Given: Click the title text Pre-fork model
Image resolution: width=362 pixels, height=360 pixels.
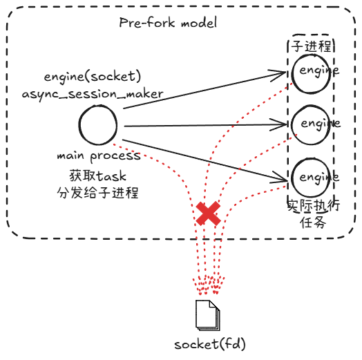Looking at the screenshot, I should tap(168, 23).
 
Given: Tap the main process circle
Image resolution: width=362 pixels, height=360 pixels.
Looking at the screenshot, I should tap(97, 126).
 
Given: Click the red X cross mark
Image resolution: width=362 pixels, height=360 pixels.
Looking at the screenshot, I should tap(207, 214).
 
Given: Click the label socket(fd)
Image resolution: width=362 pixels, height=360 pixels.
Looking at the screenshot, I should tap(209, 343).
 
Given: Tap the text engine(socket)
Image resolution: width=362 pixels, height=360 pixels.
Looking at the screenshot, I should tap(93, 75).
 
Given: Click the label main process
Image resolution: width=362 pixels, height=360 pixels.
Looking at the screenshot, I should tap(99, 156).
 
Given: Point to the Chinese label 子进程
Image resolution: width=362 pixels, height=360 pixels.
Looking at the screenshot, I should tap(312, 47).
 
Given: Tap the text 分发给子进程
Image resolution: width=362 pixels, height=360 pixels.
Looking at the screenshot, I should tap(98, 192).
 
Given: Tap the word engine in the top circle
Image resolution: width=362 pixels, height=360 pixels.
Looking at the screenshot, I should tap(319, 70).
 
